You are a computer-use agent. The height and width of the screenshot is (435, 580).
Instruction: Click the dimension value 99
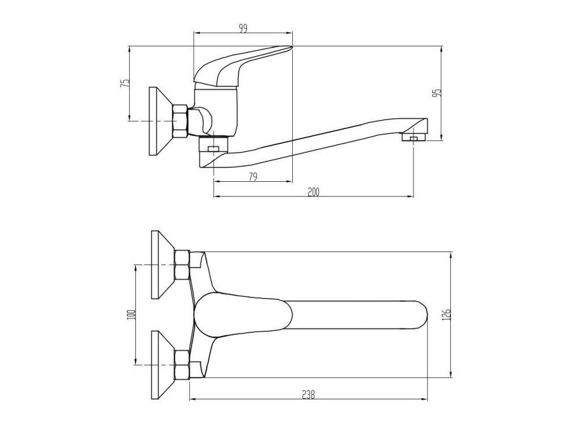pyautogui.click(x=243, y=29)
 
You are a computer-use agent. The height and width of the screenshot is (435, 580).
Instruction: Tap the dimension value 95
pyautogui.click(x=437, y=92)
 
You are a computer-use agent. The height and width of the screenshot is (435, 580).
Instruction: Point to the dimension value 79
pyautogui.click(x=253, y=177)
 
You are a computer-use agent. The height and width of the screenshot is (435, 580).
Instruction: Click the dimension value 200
pyautogui.click(x=313, y=192)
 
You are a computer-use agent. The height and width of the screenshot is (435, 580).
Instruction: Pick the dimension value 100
pyautogui.click(x=131, y=314)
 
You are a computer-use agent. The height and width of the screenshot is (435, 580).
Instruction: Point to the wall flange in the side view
pyautogui.click(x=157, y=121)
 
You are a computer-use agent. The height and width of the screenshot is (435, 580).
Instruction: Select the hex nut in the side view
pyautogui.click(x=180, y=121)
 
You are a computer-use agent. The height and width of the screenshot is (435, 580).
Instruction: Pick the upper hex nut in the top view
pyautogui.click(x=182, y=265)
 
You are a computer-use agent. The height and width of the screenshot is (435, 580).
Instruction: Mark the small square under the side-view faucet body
pyautogui.click(x=214, y=150)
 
